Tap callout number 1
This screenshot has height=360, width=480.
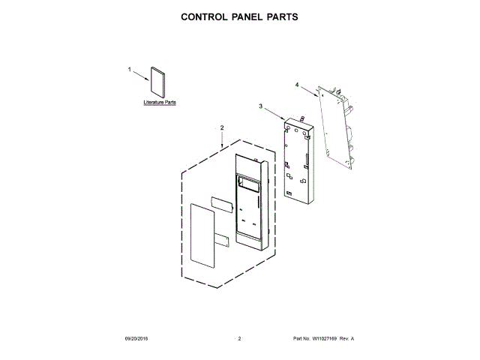pyautogui.click(x=130, y=68)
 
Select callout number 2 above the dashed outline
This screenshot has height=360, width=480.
pyautogui.click(x=222, y=128)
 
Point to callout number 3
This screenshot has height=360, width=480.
pyautogui.click(x=261, y=107)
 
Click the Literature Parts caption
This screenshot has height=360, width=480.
pyautogui.click(x=160, y=102)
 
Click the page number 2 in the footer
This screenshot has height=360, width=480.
pyautogui.click(x=239, y=339)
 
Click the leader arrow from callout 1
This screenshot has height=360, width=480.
pyautogui.click(x=140, y=73)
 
